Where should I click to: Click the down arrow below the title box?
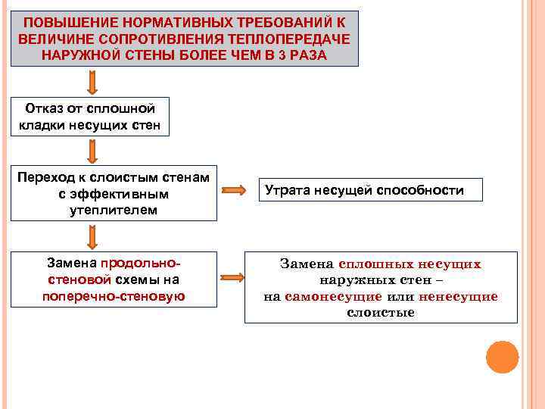point(92,82)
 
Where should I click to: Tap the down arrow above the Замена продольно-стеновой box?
point(92,237)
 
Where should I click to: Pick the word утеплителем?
point(114,209)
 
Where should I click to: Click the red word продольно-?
point(140,263)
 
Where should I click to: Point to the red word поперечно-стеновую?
point(114,295)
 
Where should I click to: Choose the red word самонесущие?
point(334,296)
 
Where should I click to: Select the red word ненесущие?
point(457,296)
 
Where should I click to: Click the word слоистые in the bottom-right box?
point(381,312)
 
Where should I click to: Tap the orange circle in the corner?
point(501,356)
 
